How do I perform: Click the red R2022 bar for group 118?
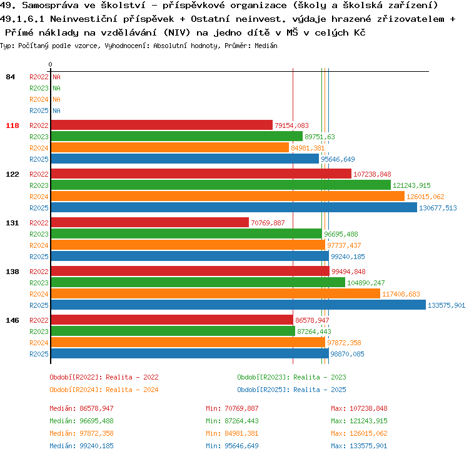click(162, 125)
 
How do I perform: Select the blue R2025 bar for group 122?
click(234, 208)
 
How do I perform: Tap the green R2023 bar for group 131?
click(186, 234)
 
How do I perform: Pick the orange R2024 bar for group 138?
click(216, 294)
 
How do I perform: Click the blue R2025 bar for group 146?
click(190, 353)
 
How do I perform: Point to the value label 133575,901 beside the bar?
click(446, 305)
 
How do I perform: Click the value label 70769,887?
click(268, 223)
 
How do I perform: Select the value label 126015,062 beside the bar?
click(425, 197)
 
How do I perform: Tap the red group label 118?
click(13, 125)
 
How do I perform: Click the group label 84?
click(10, 77)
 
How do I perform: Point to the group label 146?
click(13, 320)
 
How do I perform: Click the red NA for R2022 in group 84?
click(56, 77)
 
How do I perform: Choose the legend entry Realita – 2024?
click(132, 390)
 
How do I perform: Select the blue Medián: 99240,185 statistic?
click(82, 446)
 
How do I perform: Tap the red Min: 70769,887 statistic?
click(232, 408)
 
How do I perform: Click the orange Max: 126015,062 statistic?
click(359, 433)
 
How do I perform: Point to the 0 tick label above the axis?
click(50, 64)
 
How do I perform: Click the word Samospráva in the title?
click(50, 5)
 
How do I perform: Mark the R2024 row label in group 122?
click(39, 197)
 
